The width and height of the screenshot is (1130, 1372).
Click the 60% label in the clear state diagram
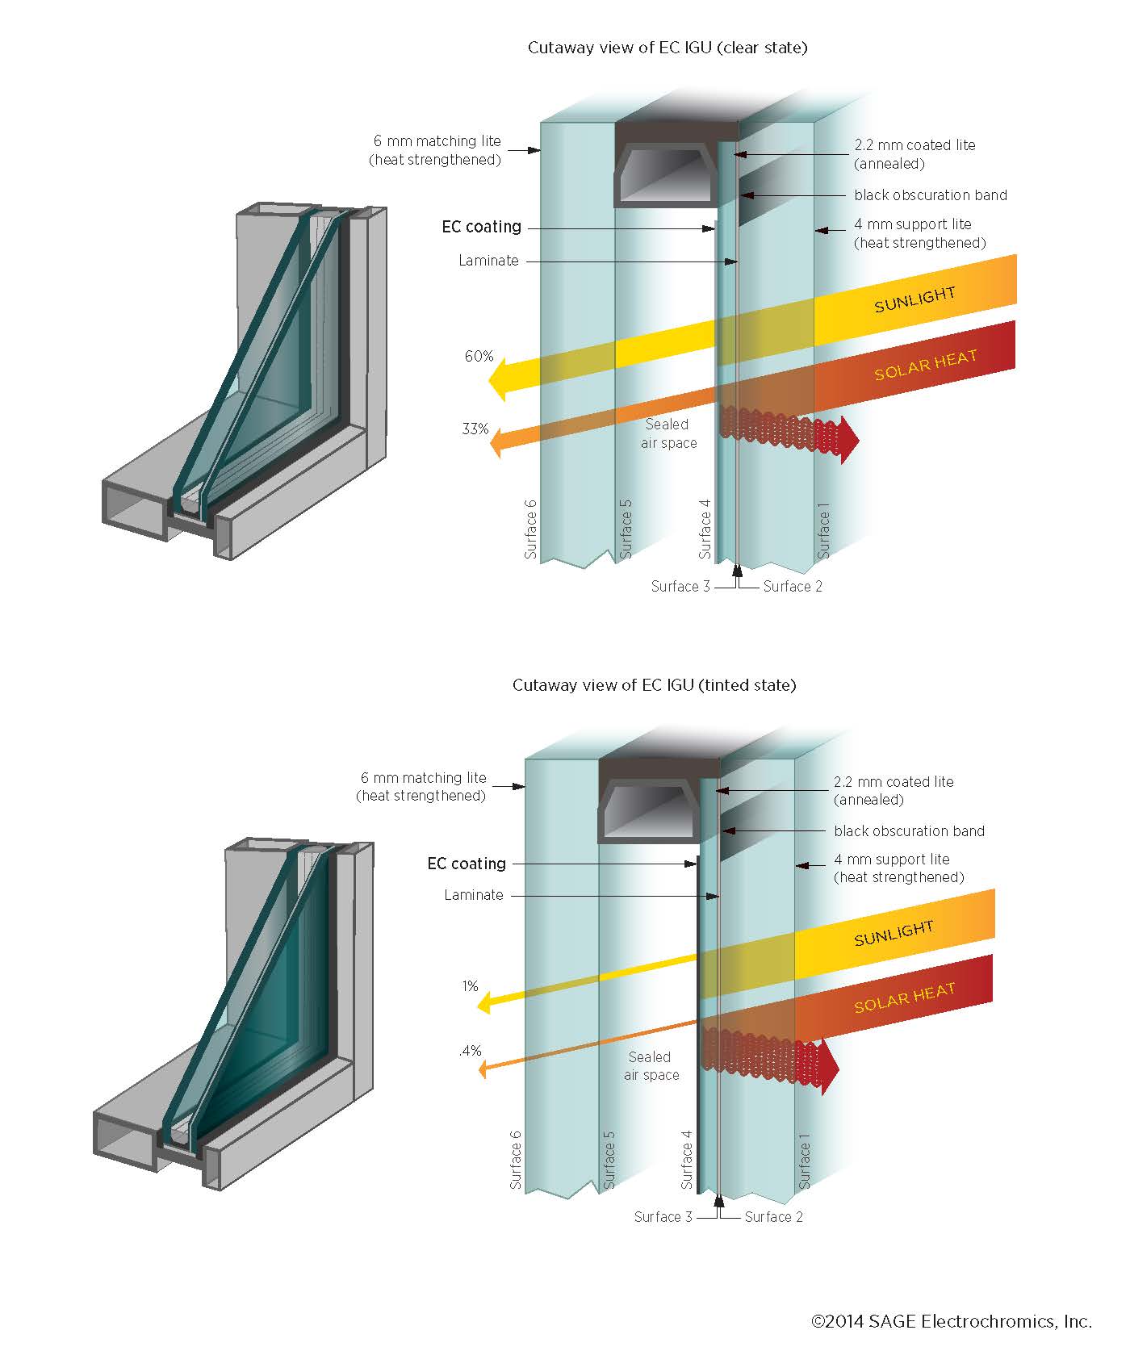tap(479, 356)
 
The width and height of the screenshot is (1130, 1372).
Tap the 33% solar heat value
tap(475, 429)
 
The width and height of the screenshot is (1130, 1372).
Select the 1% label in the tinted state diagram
tap(471, 985)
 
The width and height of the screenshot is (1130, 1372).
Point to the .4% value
tap(470, 1050)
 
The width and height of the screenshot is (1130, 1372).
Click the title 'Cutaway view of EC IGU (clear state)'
tap(668, 48)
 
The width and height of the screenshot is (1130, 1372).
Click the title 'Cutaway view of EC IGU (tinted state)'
tap(654, 685)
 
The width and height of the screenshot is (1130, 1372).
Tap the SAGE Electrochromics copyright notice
tap(951, 1321)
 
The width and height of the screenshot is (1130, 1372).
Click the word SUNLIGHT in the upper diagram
tap(914, 299)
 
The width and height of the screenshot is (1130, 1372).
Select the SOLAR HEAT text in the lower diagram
tap(904, 998)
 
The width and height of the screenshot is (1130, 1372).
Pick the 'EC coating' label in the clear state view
tap(481, 227)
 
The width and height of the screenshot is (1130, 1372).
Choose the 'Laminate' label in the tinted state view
tap(473, 895)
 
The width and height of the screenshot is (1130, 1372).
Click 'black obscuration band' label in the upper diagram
tap(930, 195)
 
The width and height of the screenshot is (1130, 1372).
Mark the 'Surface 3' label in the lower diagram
tap(663, 1217)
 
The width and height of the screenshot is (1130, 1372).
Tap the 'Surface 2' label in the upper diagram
tap(793, 587)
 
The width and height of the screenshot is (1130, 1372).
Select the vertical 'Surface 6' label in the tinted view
tap(516, 1160)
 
